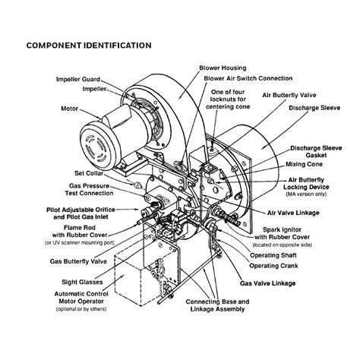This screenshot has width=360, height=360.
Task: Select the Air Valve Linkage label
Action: (x=307, y=214)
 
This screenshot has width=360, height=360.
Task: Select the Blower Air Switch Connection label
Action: (x=240, y=77)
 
